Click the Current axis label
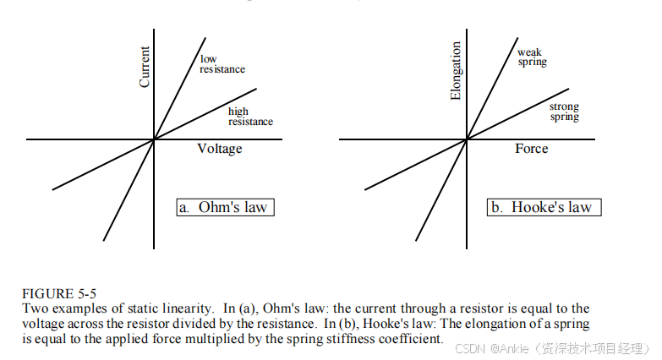[145, 67]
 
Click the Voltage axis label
[220, 149]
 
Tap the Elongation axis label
[457, 71]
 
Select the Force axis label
[531, 149]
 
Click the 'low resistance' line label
[222, 64]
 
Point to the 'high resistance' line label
[250, 117]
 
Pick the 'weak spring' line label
[533, 57]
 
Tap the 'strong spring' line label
[564, 112]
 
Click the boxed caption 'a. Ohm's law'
[226, 207]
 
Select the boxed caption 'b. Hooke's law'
[544, 207]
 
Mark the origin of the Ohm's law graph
[154, 139]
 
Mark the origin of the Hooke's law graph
[467, 139]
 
